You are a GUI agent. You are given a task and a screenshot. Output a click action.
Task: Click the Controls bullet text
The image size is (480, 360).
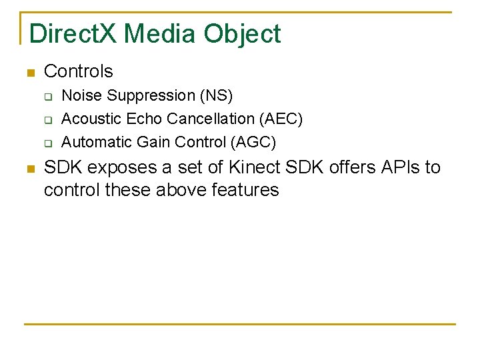click(79, 71)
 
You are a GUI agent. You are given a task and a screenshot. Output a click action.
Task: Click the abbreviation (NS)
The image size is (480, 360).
click(217, 96)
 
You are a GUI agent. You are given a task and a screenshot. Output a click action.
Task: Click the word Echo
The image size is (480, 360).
click(143, 119)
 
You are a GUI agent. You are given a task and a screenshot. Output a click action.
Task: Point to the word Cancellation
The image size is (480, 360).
click(211, 119)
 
